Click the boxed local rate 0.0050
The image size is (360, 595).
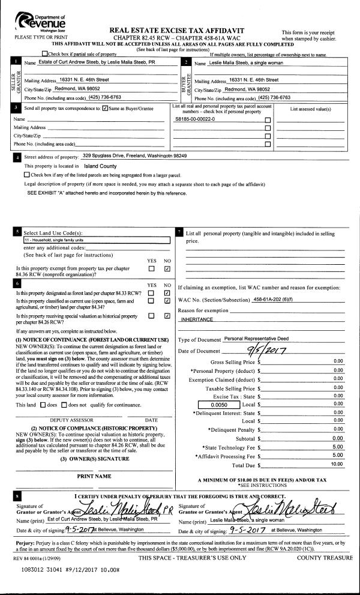(217, 405)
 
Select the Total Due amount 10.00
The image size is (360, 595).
(337, 464)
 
